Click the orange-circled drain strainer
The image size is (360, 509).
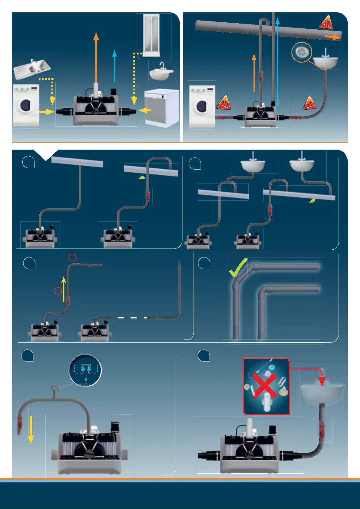(x=302, y=52)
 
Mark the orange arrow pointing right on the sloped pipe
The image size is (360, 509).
(x=333, y=37)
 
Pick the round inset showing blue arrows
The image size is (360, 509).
(x=85, y=370)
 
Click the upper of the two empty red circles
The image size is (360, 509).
(x=73, y=258)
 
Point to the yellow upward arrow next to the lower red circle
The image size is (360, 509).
(x=64, y=289)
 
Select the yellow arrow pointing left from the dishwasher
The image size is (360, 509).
(x=145, y=110)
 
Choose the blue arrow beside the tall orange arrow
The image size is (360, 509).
(x=114, y=66)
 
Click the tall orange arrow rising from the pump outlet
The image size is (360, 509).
(x=96, y=57)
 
